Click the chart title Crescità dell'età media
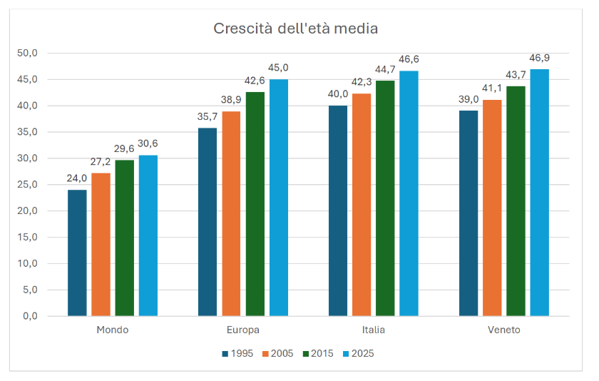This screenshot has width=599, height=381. (295, 29)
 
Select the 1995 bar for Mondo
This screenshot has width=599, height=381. (77, 253)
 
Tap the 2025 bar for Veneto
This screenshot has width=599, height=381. (540, 193)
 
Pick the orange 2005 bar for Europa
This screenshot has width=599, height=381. (231, 213)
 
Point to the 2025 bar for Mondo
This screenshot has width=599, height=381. (148, 235)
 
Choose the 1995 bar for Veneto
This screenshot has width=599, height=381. (469, 213)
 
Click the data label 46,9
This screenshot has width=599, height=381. (540, 59)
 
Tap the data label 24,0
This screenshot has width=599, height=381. (77, 178)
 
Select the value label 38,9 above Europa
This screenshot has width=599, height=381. (231, 101)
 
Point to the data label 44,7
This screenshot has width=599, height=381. (385, 69)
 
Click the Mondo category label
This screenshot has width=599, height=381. (113, 330)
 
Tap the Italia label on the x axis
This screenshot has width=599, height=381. (374, 330)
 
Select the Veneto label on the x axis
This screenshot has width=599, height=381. (504, 330)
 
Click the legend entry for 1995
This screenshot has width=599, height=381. (237, 353)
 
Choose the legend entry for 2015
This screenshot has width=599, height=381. (319, 353)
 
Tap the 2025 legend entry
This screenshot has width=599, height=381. (359, 353)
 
